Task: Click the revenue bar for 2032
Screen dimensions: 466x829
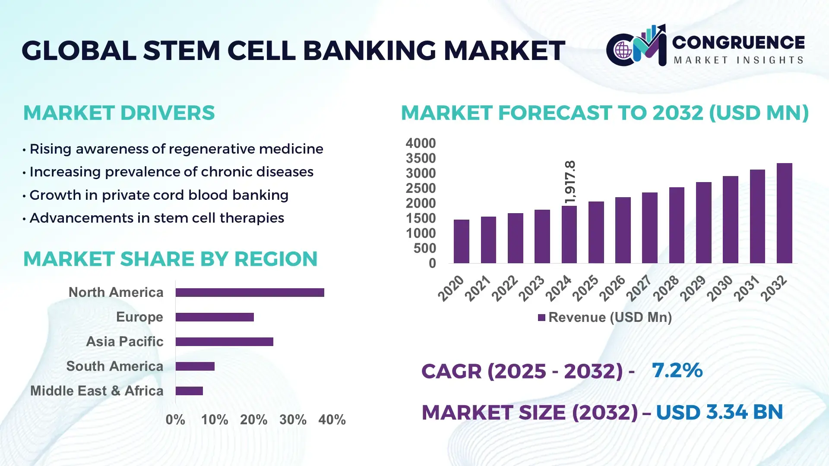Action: pos(784,213)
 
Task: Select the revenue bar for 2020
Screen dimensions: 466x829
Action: pos(461,241)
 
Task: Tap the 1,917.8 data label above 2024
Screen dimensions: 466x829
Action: pos(570,182)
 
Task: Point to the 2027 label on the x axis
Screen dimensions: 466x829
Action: pos(639,288)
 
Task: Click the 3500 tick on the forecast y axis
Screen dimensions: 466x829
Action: pos(421,158)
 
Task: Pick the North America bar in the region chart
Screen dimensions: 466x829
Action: pos(250,293)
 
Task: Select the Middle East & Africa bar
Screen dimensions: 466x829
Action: pos(189,391)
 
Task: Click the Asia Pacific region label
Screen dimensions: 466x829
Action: pos(124,342)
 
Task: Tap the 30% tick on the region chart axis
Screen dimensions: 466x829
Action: pos(293,420)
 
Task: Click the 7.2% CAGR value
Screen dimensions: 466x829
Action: pos(677,370)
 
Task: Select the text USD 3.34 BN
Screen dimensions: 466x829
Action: pos(719,412)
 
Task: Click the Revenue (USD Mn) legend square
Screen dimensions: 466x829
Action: pos(541,318)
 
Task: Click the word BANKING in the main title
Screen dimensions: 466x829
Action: pos(370,50)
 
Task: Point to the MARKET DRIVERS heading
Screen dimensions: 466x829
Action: pos(119,113)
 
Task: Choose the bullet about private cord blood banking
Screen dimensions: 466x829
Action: pos(158,195)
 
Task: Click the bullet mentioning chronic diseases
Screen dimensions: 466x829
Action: pos(171,172)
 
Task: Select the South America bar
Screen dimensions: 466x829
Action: pos(195,366)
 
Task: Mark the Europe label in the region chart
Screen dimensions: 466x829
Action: pos(139,317)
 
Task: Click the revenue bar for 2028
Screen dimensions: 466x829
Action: pos(677,225)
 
